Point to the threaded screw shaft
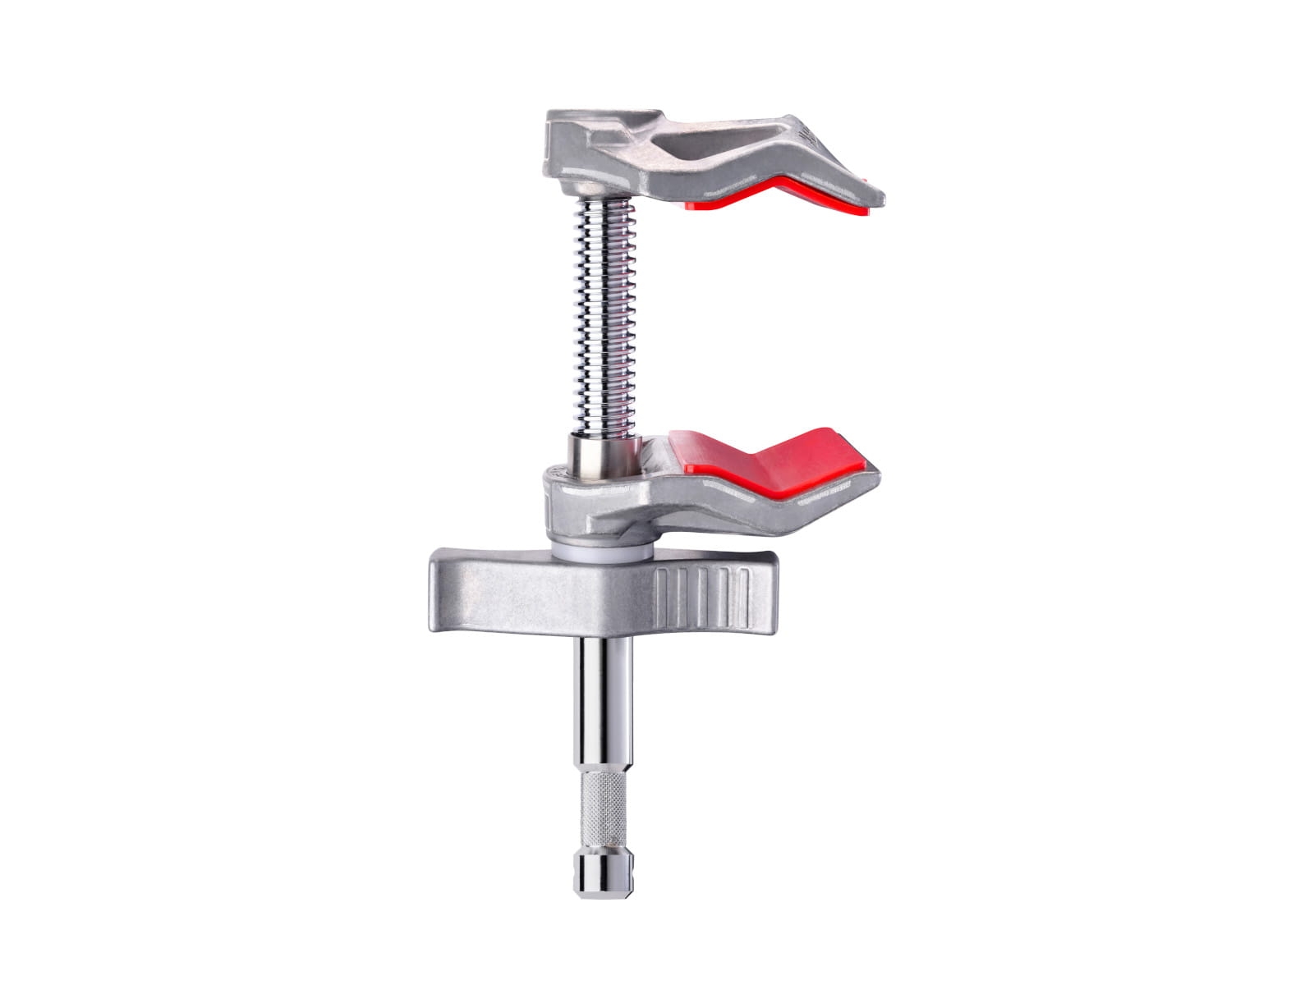click(x=604, y=328)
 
